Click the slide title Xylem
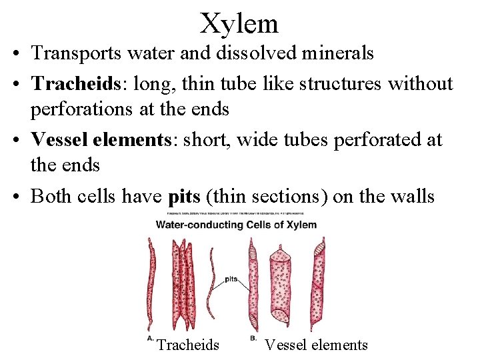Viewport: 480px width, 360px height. coord(239,24)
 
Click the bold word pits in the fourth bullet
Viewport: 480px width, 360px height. coord(184,196)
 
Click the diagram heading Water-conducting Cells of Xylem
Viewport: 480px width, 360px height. coord(236,225)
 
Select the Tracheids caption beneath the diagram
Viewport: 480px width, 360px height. coord(187,345)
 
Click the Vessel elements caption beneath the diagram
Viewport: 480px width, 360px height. coord(316,345)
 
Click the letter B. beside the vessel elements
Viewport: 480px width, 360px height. coord(253,339)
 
